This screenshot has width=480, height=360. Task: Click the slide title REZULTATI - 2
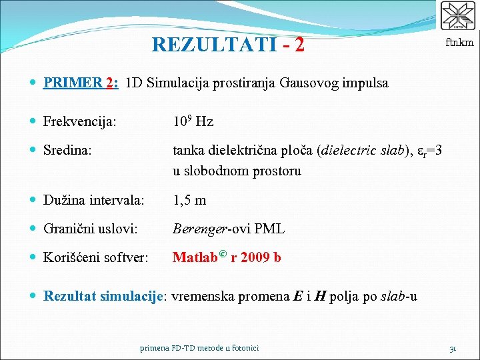pyautogui.click(x=228, y=44)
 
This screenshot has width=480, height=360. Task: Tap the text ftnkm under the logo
pyautogui.click(x=459, y=42)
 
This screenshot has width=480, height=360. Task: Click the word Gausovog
pyautogui.click(x=309, y=83)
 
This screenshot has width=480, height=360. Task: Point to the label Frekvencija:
pyautogui.click(x=80, y=121)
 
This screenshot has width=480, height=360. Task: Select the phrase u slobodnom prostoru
pyautogui.click(x=237, y=171)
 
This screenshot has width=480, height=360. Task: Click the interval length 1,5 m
pyautogui.click(x=189, y=200)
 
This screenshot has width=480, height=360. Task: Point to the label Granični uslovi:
pyautogui.click(x=91, y=229)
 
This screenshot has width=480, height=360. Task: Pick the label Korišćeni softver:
pyautogui.click(x=96, y=257)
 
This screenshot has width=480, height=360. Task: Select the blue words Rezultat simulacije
pyautogui.click(x=103, y=296)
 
